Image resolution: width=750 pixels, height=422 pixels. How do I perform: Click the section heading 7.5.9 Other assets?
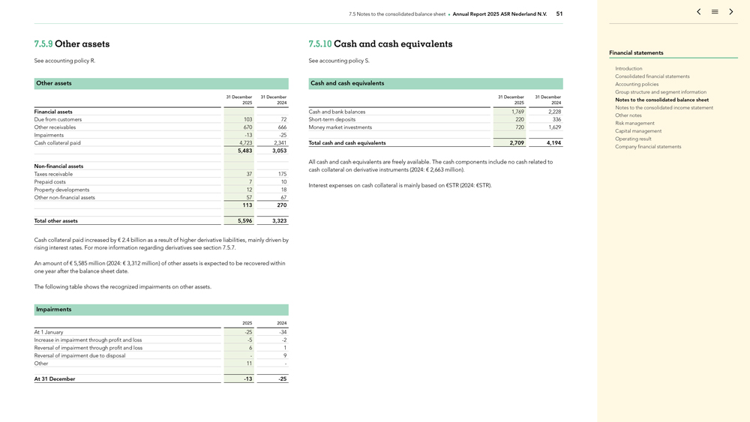click(72, 44)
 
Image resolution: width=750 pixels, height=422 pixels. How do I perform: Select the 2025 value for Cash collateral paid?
click(245, 143)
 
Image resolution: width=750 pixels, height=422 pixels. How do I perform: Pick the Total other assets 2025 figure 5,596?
click(244, 221)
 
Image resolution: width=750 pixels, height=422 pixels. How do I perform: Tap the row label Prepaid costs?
click(49, 182)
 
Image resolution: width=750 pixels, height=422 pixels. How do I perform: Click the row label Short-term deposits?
click(331, 120)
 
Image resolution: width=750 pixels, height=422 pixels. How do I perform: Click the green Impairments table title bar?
click(161, 310)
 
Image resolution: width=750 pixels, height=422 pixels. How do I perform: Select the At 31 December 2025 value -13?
click(247, 379)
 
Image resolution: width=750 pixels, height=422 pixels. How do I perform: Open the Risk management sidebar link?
click(634, 123)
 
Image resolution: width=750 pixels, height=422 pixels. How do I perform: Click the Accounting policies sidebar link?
click(637, 84)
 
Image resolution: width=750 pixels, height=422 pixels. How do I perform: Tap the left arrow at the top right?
click(698, 12)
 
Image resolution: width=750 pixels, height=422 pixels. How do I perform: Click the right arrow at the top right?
click(731, 12)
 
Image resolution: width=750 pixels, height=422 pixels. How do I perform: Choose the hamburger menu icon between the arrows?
click(715, 12)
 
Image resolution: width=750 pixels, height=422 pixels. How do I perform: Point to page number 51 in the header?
click(559, 14)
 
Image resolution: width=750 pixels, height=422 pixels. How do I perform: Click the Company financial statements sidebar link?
click(648, 147)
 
